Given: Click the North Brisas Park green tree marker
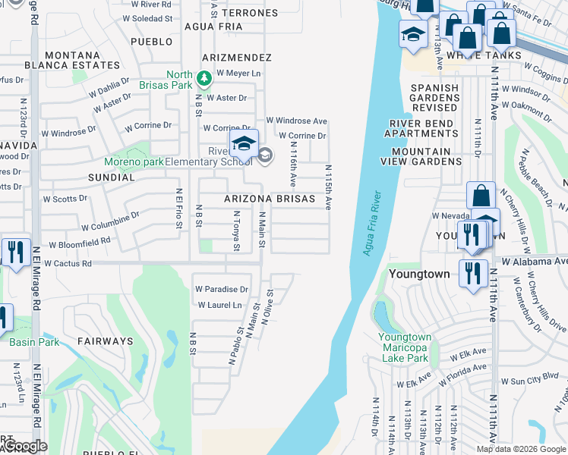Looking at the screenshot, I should (204, 78).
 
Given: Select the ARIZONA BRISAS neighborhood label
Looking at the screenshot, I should (269, 199).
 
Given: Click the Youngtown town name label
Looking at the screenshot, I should (418, 273).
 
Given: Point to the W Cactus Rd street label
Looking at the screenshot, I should (68, 264).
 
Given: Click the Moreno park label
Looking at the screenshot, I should (134, 162).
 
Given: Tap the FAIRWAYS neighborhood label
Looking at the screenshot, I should (104, 341).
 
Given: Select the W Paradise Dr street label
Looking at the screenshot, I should (222, 290).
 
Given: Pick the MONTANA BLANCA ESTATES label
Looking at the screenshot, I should (72, 61).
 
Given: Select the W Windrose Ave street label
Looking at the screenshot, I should (296, 121).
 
